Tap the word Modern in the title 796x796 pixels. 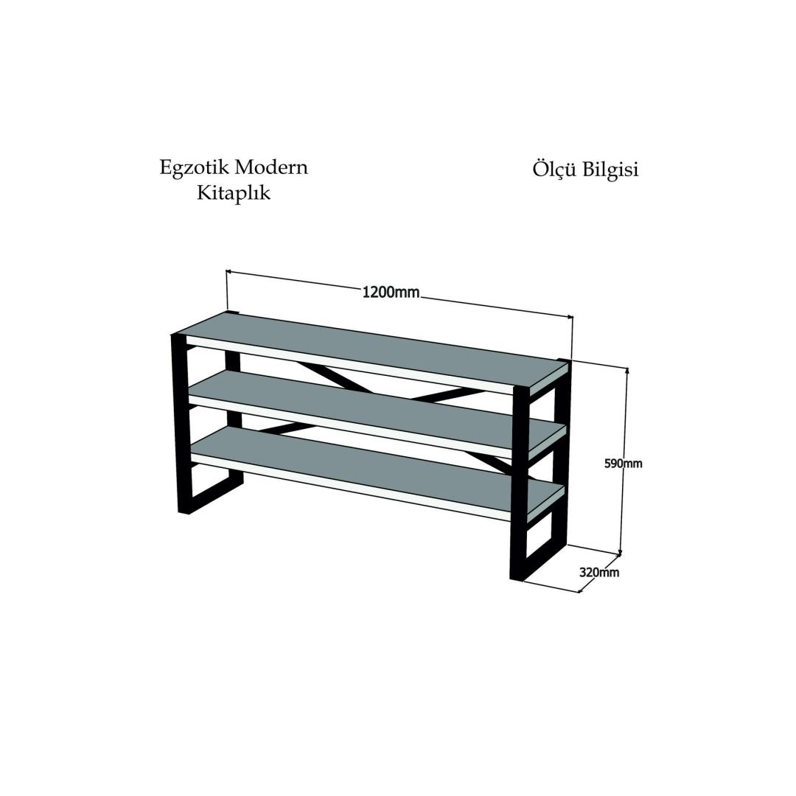click(x=270, y=167)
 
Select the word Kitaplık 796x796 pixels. click(x=234, y=193)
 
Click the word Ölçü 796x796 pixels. click(x=554, y=170)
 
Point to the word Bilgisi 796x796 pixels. click(x=610, y=170)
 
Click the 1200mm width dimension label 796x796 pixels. click(x=391, y=293)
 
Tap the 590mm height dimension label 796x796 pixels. click(x=623, y=464)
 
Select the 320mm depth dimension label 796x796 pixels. click(x=599, y=572)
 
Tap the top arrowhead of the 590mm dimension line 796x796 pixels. click(x=627, y=370)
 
